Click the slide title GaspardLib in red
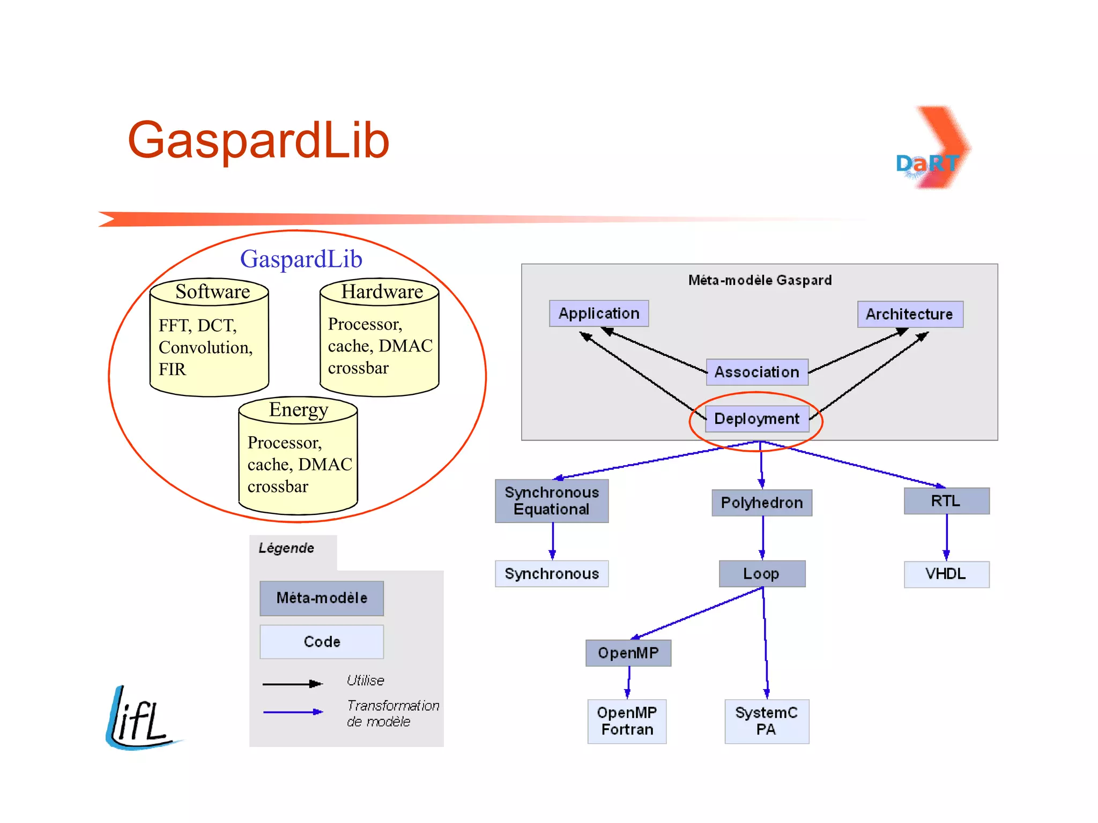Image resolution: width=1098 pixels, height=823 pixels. (x=258, y=140)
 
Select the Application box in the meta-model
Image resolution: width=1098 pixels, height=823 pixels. (x=599, y=313)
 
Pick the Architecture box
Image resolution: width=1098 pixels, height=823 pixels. (x=910, y=314)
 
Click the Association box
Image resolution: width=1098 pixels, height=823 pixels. (x=756, y=372)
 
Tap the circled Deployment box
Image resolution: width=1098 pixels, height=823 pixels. (x=756, y=418)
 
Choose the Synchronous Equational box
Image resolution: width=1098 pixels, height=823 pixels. (x=552, y=500)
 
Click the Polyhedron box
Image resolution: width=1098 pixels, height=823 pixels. (x=761, y=503)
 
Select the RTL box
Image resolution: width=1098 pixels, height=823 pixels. (x=946, y=501)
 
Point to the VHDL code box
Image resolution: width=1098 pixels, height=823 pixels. (x=946, y=574)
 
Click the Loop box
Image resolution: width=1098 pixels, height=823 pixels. (x=761, y=574)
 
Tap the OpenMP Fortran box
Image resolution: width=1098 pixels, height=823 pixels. (x=627, y=721)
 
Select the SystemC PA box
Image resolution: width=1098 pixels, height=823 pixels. (x=766, y=721)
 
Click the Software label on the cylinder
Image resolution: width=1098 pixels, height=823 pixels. (x=213, y=291)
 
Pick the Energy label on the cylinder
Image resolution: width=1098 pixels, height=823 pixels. (x=298, y=409)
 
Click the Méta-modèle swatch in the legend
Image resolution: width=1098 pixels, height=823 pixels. (x=322, y=598)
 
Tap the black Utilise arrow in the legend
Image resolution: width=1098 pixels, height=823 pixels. (x=292, y=684)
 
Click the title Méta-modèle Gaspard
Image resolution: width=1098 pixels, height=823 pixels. (x=760, y=280)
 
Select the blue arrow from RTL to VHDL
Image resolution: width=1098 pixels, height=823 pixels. (x=946, y=537)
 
